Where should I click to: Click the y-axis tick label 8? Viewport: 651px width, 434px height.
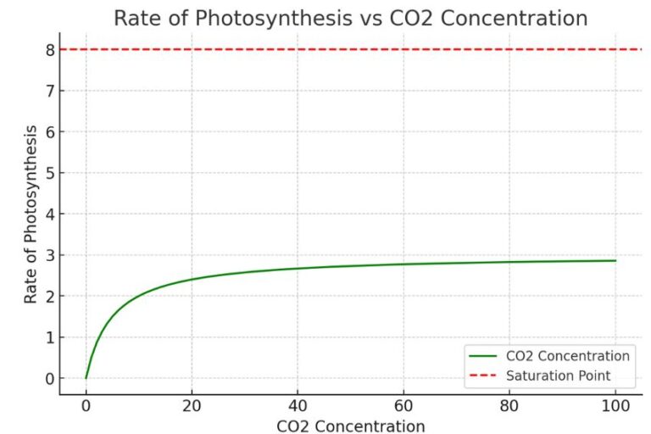[50, 50]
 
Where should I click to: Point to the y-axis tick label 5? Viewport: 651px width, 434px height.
[50, 174]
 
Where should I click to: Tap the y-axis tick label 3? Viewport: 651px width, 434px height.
[50, 256]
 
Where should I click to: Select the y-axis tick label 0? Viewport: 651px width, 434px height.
[50, 379]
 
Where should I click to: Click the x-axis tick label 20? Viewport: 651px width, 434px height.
[192, 406]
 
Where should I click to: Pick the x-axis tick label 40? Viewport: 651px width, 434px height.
[298, 406]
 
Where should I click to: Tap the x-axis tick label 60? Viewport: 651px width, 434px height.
[403, 406]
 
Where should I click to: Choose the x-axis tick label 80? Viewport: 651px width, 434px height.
[509, 406]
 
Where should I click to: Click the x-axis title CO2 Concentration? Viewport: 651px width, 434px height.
[350, 425]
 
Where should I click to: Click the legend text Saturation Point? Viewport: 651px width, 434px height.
[558, 375]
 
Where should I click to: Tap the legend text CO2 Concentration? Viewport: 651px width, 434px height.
[567, 356]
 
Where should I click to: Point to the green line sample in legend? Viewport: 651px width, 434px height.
[485, 356]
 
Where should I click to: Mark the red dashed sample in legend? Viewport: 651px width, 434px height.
[485, 375]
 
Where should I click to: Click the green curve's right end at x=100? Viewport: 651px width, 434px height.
[615, 260]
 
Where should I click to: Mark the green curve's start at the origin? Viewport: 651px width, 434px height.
[86, 378]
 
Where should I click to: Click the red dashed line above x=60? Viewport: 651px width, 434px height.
[403, 49]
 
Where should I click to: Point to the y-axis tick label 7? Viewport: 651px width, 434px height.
[50, 92]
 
